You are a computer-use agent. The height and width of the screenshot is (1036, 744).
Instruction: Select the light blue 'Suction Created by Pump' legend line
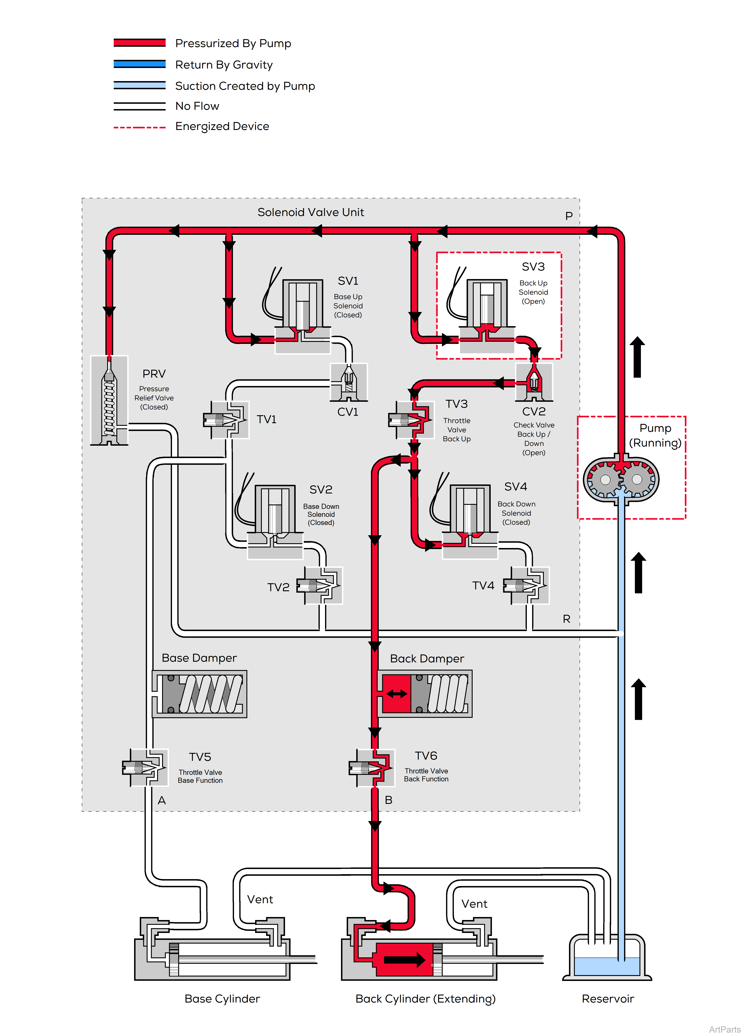click(x=139, y=85)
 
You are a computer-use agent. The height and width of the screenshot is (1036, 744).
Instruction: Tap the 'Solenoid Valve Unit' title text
click(x=311, y=212)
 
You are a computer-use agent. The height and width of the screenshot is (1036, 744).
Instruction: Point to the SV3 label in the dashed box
click(x=533, y=267)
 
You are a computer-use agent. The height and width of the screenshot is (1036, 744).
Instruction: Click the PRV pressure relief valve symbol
click(x=109, y=401)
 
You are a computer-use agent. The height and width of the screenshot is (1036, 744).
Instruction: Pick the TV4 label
click(x=483, y=586)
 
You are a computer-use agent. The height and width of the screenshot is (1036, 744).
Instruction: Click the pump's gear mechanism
click(x=621, y=480)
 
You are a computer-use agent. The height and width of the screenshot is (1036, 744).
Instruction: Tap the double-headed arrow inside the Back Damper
click(x=396, y=694)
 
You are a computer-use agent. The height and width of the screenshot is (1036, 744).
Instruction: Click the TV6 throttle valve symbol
click(x=371, y=768)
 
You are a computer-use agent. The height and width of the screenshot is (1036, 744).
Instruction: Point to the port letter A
click(x=162, y=800)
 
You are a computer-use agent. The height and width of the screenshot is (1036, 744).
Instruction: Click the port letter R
click(x=567, y=619)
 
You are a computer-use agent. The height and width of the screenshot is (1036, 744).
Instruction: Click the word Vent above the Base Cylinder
click(x=260, y=899)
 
